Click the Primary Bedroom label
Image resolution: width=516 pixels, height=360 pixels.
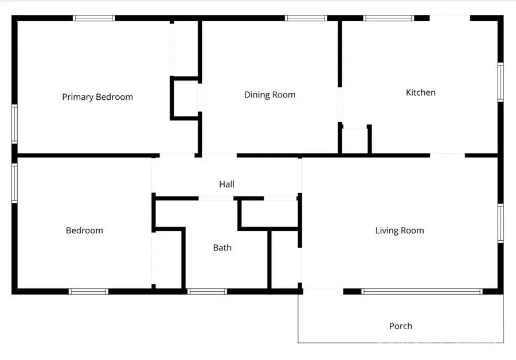click(x=97, y=97)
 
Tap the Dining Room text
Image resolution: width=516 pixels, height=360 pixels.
click(x=269, y=95)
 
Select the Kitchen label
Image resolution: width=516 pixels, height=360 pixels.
click(x=421, y=92)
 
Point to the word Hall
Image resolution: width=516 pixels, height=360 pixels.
click(x=226, y=184)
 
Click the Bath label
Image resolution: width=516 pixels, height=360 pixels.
click(x=222, y=248)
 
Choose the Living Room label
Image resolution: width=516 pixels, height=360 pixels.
click(x=400, y=230)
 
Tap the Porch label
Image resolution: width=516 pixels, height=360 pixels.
click(x=400, y=326)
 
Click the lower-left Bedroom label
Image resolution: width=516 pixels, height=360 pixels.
click(x=84, y=230)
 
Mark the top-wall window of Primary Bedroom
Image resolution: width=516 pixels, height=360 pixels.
click(x=93, y=18)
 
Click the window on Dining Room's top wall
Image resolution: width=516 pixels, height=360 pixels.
click(x=306, y=18)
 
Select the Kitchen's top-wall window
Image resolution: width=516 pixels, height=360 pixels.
click(x=388, y=18)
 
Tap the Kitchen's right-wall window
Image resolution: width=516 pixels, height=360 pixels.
click(x=500, y=83)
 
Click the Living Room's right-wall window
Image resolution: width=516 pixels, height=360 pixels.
click(x=500, y=224)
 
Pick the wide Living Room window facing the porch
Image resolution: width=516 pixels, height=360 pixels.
click(x=421, y=291)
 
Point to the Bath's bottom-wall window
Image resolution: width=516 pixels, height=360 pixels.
click(x=207, y=291)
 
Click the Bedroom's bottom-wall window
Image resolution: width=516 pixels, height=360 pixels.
click(x=88, y=291)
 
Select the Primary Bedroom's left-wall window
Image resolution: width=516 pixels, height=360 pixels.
click(x=15, y=123)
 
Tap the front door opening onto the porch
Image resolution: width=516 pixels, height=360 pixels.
click(x=323, y=291)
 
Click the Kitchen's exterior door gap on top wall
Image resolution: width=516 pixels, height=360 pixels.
click(x=450, y=18)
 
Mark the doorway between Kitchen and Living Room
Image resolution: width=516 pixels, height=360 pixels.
click(x=447, y=155)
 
